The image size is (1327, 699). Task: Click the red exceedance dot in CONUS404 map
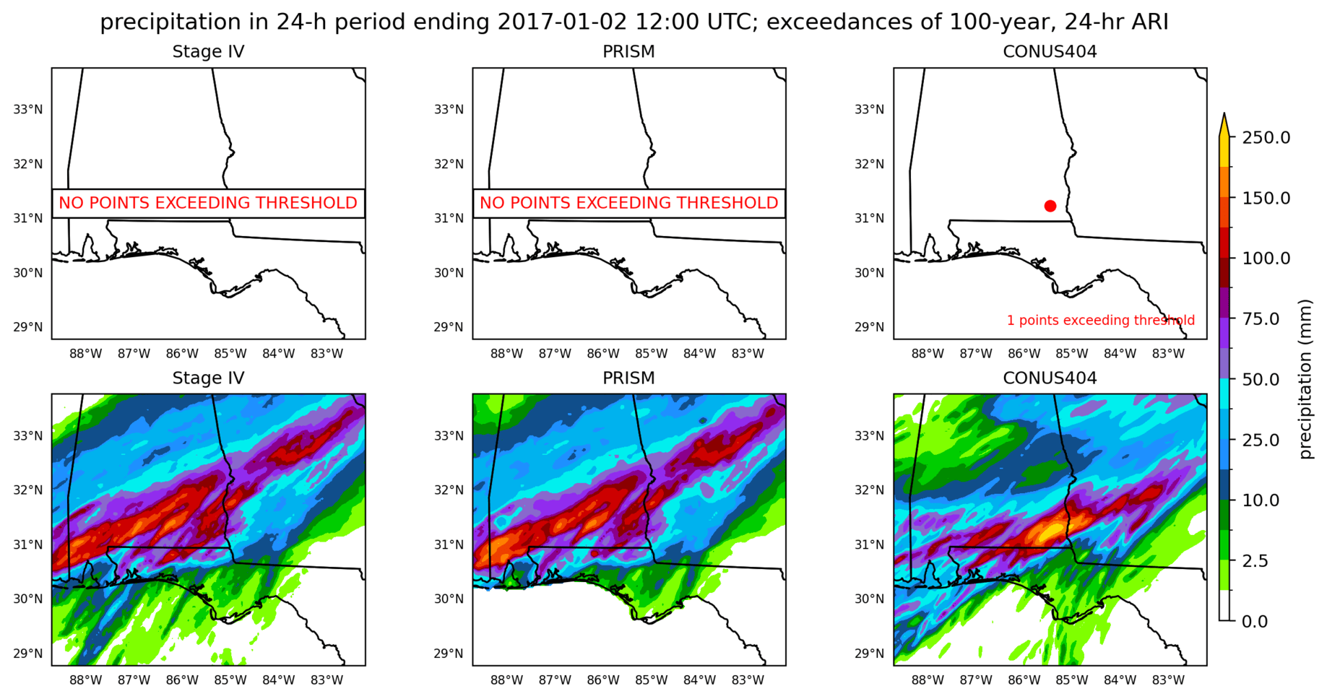[1050, 206]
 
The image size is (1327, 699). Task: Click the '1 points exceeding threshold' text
[1100, 320]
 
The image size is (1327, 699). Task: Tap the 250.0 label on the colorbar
[1266, 137]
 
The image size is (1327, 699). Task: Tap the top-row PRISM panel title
[628, 52]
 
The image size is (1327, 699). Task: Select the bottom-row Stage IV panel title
[208, 378]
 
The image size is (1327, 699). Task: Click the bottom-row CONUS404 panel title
[1050, 378]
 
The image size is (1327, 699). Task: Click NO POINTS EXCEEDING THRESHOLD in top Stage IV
[208, 203]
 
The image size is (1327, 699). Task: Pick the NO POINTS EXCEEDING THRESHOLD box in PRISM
[628, 203]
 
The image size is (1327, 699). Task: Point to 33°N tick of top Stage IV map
[28, 110]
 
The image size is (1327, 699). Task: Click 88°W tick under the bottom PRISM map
[506, 680]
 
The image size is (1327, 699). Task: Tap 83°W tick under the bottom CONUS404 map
[1168, 680]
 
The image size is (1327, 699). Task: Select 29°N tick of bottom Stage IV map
[28, 654]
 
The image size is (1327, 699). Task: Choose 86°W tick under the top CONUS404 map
[1024, 354]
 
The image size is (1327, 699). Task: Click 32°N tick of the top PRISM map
[449, 164]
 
